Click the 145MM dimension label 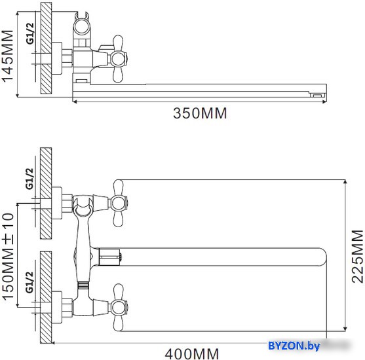click(x=9, y=56)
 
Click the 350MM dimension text click(x=199, y=113)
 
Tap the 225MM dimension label click(x=356, y=255)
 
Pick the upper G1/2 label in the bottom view click(x=29, y=178)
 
